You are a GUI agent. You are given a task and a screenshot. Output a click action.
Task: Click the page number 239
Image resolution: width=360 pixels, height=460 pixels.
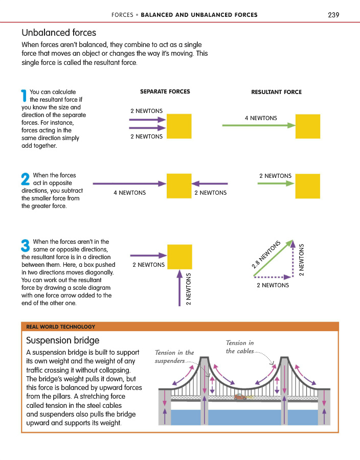pos(333,14)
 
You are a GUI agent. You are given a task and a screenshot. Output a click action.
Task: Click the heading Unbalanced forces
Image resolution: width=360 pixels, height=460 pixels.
pos(59,33)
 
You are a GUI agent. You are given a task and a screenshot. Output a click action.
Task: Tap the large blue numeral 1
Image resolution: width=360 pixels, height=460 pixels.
pos(24,96)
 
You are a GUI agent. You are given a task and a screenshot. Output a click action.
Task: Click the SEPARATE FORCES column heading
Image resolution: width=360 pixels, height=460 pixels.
pos(165,91)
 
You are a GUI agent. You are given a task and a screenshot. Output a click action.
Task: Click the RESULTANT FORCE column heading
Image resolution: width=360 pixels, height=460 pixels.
pos(276,92)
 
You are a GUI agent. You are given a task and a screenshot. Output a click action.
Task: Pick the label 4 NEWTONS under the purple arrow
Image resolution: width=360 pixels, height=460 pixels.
pos(129,193)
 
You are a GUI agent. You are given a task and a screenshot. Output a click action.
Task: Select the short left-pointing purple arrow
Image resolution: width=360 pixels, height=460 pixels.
pos(210,183)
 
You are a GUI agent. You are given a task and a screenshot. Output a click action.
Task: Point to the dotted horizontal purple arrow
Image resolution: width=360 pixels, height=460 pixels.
pos(272,277)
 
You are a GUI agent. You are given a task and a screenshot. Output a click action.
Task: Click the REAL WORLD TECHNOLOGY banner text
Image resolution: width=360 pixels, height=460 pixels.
pos(60,327)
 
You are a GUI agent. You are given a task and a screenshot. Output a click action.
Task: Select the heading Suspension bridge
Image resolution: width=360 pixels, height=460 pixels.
pos(62,340)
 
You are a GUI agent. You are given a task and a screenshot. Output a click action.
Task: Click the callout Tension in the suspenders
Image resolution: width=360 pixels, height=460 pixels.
pos(174,356)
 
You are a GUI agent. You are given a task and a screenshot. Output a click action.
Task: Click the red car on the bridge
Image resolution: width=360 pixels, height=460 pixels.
pos(239,397)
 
